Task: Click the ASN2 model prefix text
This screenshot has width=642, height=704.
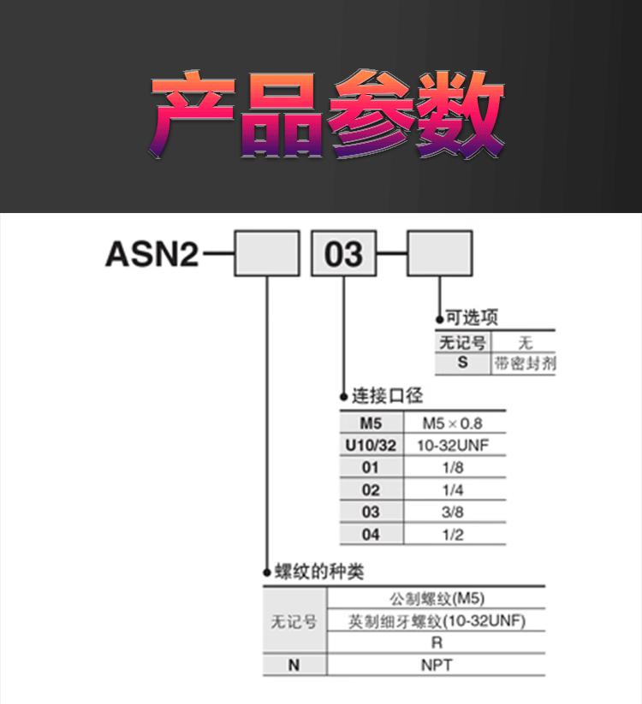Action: click(152, 254)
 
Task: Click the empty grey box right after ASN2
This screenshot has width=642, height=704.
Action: click(267, 254)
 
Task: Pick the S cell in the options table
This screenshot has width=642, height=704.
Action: click(462, 363)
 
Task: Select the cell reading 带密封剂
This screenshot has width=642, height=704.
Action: click(524, 363)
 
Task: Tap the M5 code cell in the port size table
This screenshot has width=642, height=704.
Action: click(371, 423)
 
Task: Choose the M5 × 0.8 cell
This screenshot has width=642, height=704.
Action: click(453, 423)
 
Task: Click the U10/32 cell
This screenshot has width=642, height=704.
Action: click(371, 446)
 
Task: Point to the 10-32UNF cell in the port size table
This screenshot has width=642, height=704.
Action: click(453, 446)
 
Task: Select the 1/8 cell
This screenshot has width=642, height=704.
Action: click(453, 468)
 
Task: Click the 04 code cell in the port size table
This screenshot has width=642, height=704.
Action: click(371, 535)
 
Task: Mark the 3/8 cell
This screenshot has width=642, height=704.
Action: click(453, 512)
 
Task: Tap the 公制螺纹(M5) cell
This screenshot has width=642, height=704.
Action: click(437, 598)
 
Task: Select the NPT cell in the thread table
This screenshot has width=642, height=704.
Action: click(437, 665)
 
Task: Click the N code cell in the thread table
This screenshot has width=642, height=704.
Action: click(294, 665)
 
